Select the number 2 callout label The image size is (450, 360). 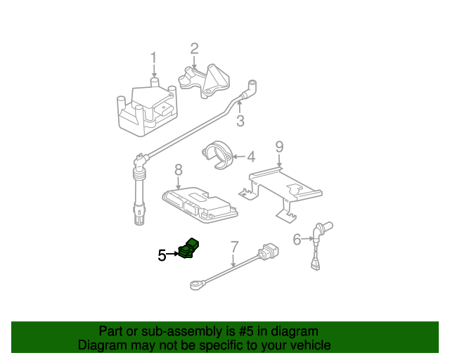194,49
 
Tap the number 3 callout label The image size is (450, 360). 240,120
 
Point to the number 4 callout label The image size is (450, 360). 251,157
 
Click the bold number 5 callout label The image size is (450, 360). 162,255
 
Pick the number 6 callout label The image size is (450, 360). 297,240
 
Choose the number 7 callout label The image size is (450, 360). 234,247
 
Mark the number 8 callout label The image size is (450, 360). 179,170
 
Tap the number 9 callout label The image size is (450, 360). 279,147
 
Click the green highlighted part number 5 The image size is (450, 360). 188,249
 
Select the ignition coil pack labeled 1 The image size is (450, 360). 147,107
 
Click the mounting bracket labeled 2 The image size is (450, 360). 205,81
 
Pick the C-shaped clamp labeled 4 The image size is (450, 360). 217,155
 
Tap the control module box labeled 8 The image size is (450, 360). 200,205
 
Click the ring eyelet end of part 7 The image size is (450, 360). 197,285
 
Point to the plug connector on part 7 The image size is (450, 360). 269,252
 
